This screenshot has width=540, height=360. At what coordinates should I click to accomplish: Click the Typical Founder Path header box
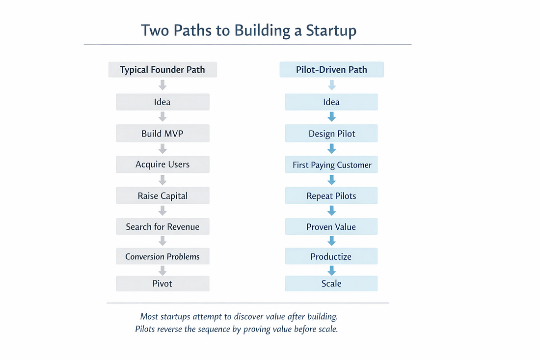162,70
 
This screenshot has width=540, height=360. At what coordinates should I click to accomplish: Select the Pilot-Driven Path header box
331,70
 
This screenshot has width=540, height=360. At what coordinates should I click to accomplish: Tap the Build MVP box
162,133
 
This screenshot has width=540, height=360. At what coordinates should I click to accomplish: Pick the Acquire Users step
162,165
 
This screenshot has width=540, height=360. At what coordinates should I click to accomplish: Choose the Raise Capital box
162,195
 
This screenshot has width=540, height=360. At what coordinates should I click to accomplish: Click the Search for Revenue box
162,226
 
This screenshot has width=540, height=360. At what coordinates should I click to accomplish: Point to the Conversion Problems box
162,256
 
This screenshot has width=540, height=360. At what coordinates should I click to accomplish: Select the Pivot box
162,283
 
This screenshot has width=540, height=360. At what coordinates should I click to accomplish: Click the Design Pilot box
331,134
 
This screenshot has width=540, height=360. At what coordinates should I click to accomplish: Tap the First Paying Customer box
331,165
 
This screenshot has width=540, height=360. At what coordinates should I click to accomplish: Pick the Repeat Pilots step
331,196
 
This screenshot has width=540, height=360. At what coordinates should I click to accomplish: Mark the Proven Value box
331,227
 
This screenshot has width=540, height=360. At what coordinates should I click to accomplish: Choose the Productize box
331,256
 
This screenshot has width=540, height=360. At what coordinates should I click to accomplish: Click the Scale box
331,283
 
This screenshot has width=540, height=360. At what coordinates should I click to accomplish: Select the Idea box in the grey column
162,102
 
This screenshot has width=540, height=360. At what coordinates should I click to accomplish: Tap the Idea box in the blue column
331,102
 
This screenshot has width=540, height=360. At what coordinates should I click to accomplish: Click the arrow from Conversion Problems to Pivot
162,270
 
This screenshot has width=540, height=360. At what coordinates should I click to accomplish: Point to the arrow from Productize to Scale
331,270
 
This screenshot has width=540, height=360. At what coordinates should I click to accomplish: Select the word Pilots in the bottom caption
148,329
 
